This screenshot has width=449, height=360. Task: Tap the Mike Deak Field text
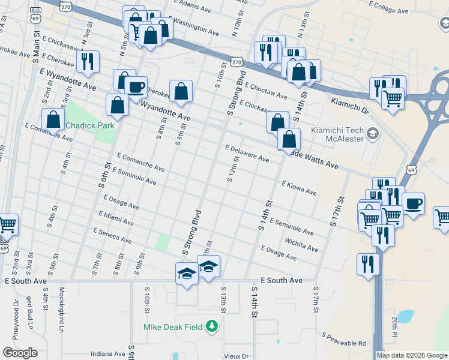click(x=173, y=327)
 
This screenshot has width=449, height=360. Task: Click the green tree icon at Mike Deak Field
click(x=211, y=327)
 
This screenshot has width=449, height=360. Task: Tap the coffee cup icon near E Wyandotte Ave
click(x=136, y=88)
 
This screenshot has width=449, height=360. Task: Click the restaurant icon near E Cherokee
click(x=88, y=62)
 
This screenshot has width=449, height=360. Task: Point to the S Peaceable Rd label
click(x=343, y=339)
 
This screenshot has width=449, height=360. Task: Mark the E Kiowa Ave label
click(x=298, y=188)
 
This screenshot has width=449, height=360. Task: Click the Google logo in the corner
click(x=20, y=353)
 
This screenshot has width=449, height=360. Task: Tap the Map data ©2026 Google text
click(x=412, y=355)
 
